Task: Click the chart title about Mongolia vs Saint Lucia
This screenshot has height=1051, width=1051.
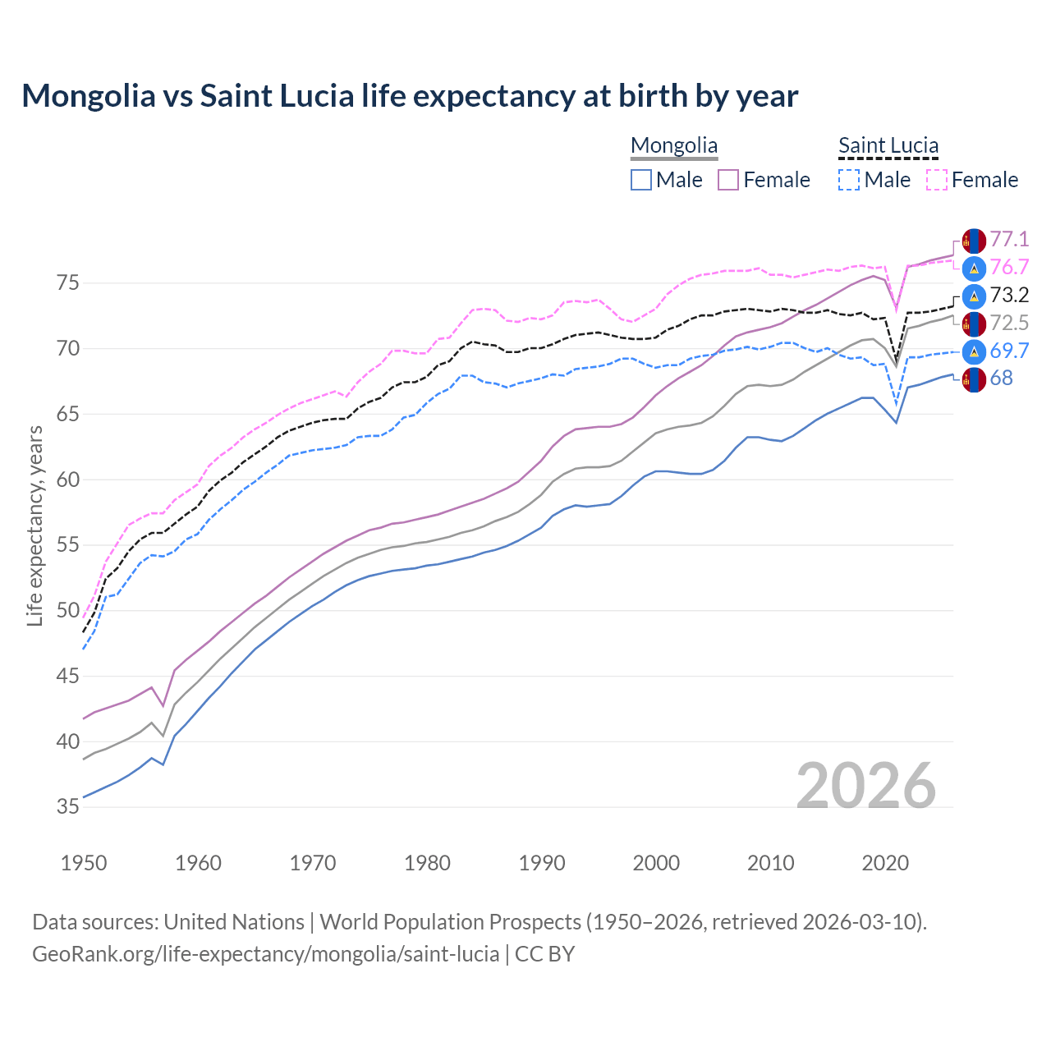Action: click(x=410, y=96)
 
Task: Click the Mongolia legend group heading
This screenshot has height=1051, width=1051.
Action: click(x=674, y=146)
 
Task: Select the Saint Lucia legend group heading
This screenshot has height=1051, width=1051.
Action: click(x=888, y=146)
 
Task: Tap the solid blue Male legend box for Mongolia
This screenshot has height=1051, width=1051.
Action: click(x=641, y=180)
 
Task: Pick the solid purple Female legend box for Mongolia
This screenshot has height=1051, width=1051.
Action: click(x=729, y=180)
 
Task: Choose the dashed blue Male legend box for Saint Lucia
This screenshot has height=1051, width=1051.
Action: click(x=850, y=180)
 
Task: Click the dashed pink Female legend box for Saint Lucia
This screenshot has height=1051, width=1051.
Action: click(x=937, y=180)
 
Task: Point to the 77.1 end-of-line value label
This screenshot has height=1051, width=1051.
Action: click(x=1009, y=240)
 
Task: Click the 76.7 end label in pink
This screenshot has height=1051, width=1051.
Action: click(x=1009, y=268)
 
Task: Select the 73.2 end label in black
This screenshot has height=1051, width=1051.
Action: click(x=1009, y=296)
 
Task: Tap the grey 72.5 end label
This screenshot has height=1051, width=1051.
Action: click(x=1009, y=324)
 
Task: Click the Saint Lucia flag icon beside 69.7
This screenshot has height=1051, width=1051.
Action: click(x=974, y=351)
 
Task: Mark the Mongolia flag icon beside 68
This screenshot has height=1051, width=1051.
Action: click(x=974, y=379)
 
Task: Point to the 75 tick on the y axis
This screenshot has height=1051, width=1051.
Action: click(x=68, y=283)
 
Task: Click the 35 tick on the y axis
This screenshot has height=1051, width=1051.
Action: click(x=68, y=807)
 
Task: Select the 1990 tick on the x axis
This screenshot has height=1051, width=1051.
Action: click(x=542, y=864)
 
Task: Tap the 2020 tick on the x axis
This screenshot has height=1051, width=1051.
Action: click(x=885, y=864)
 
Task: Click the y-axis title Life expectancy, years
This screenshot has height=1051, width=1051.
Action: click(x=34, y=525)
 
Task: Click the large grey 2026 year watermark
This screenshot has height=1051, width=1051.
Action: click(x=866, y=787)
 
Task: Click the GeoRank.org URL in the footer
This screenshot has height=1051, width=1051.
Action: click(x=265, y=954)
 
